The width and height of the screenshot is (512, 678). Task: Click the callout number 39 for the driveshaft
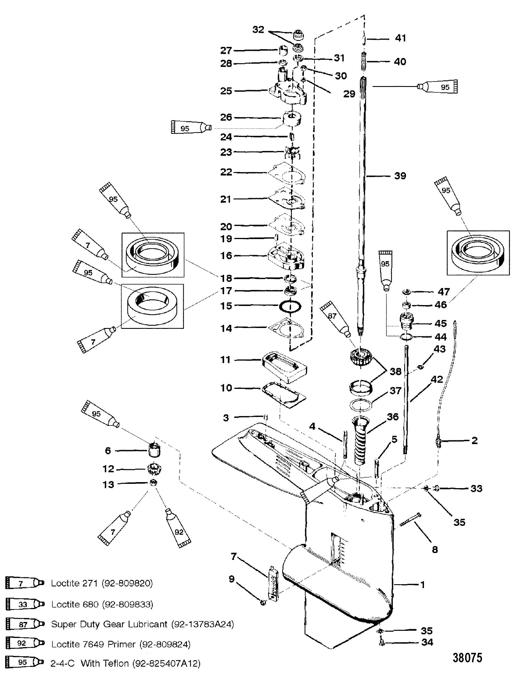click(400, 176)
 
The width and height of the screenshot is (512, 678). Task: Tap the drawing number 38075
click(467, 658)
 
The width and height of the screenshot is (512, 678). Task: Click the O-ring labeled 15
click(290, 306)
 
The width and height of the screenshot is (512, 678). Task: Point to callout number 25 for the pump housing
click(226, 91)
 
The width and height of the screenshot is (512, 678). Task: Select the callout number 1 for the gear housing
click(423, 585)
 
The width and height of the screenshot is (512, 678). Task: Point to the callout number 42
click(437, 379)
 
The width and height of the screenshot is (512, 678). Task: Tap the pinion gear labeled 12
click(154, 469)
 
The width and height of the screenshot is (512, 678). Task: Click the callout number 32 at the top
click(258, 30)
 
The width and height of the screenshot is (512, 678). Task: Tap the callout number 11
click(226, 359)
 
